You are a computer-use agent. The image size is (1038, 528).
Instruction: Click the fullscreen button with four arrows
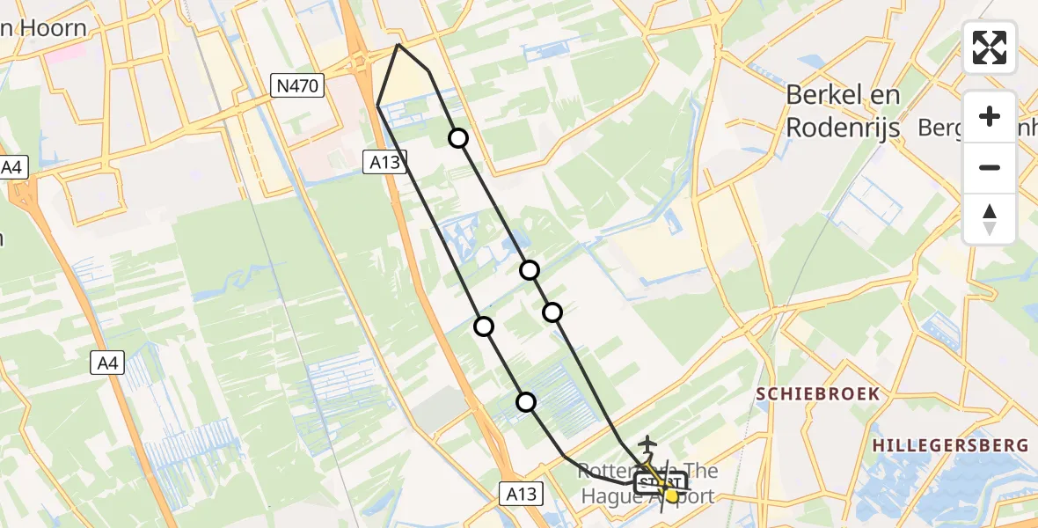pos(990,48)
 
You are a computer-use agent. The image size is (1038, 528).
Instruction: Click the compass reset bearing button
pos(990,219)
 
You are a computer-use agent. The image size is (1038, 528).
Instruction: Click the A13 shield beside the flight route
pos(384,160)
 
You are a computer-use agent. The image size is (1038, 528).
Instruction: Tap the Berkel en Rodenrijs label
pos(843,111)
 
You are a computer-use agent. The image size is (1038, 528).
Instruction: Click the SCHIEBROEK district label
pos(818,393)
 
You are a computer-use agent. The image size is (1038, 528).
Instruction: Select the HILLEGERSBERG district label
pos(950,446)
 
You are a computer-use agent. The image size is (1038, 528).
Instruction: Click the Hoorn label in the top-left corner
pos(53,28)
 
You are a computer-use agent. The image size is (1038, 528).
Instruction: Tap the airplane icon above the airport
pos(648,444)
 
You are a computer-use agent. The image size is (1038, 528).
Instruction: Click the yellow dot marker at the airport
pos(672,496)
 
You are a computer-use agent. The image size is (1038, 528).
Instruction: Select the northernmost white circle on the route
pos(458,137)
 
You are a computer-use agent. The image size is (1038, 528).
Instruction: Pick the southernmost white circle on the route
pos(526,402)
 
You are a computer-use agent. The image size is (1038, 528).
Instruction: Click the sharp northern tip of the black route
pos(398,44)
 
